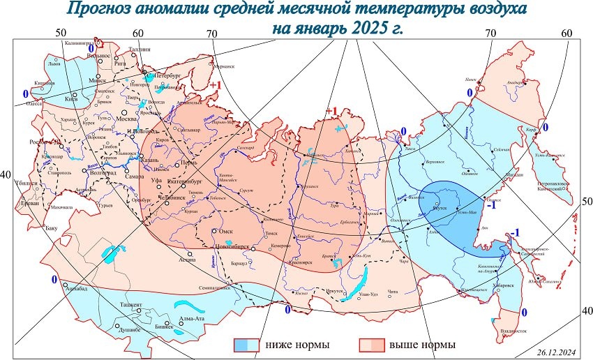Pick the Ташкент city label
126,305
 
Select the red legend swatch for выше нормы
372,345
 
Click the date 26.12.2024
557,353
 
